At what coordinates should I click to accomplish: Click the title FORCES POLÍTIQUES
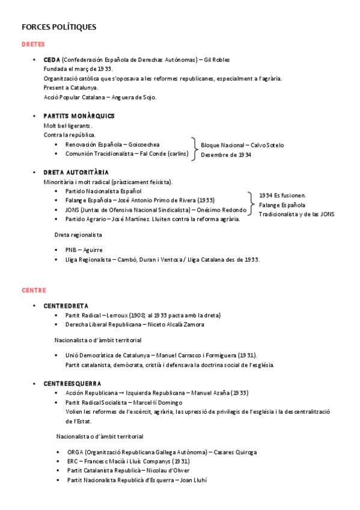click(x=58, y=28)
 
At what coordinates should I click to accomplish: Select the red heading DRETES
click(x=33, y=45)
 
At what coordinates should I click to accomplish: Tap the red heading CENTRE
click(x=34, y=290)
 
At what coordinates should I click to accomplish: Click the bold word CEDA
click(x=52, y=60)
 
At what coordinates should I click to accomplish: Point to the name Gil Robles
click(x=217, y=60)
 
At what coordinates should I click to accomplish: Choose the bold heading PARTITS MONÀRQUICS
click(x=79, y=115)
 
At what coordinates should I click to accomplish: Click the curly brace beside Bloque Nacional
click(x=194, y=149)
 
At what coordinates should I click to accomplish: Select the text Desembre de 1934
click(x=226, y=155)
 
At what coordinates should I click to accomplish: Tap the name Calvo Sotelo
click(x=268, y=145)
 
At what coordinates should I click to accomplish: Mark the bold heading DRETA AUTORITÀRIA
click(x=76, y=173)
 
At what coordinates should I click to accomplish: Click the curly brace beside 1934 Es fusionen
click(x=250, y=204)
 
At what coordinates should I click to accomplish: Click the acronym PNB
click(x=72, y=250)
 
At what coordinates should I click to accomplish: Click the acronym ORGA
click(x=75, y=452)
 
